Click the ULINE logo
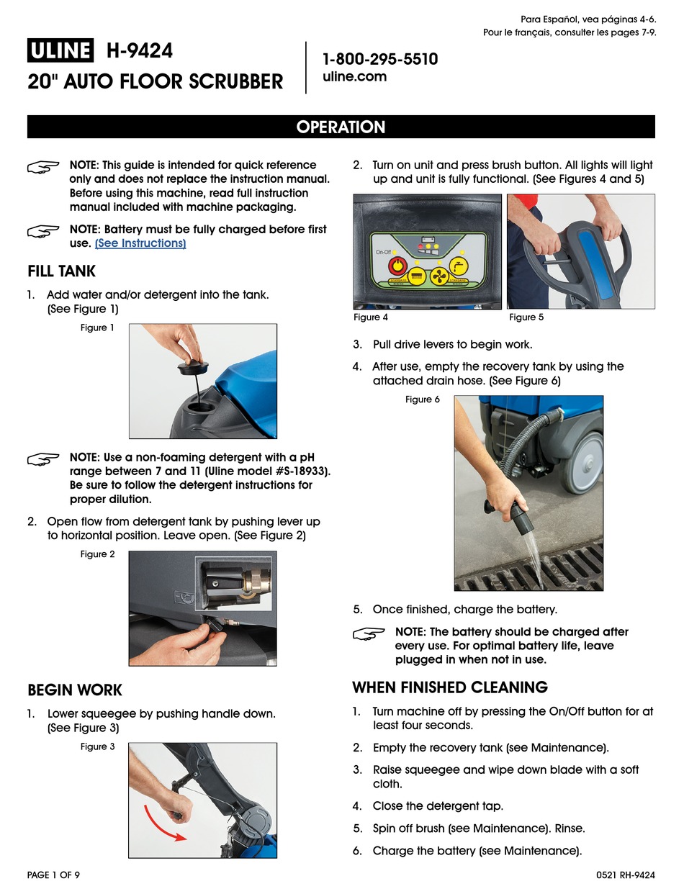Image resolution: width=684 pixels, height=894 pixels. [x=60, y=51]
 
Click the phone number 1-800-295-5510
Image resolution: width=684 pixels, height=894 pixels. [x=379, y=59]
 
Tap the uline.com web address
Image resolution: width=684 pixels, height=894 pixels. [x=354, y=77]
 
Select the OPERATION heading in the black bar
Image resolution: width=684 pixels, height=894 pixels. [x=341, y=127]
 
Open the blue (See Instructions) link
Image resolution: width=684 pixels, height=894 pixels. [x=140, y=243]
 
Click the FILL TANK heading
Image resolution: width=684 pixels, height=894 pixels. [x=61, y=271]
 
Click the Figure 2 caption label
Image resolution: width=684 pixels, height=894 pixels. [x=97, y=554]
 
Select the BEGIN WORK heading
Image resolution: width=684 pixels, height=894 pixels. [x=75, y=690]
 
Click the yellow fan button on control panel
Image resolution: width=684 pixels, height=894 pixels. [x=438, y=276]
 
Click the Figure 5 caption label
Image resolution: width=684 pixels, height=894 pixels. [x=526, y=317]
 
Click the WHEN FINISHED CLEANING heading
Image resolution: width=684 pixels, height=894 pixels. [x=450, y=687]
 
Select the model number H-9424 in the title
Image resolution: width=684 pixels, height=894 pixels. [x=139, y=51]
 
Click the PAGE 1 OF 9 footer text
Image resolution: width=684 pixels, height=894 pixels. [x=53, y=875]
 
